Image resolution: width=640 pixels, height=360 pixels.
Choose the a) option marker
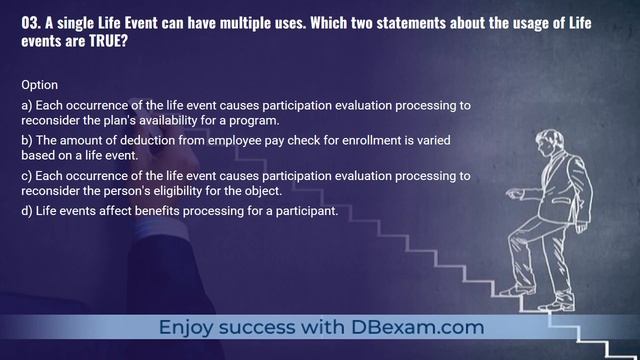point(26,105)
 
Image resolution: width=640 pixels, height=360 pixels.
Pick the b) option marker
point(26,140)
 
